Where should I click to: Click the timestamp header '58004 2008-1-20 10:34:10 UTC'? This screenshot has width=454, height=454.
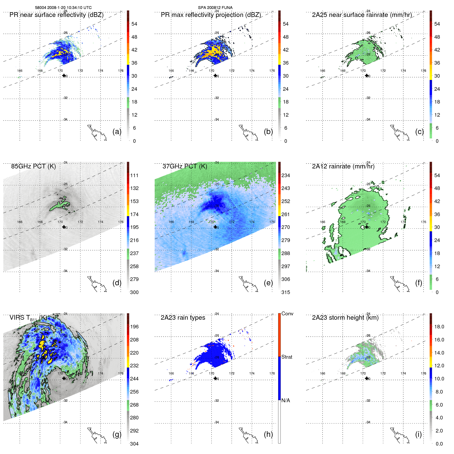click(63, 8)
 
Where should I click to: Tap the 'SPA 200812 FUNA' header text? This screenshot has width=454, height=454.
click(215, 8)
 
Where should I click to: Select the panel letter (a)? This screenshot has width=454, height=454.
click(117, 132)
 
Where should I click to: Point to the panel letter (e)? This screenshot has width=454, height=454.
click(268, 283)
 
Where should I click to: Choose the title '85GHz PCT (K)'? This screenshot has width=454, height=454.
click(33, 166)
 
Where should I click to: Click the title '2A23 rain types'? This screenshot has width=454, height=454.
click(183, 318)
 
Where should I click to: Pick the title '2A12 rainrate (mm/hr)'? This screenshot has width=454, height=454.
click(343, 166)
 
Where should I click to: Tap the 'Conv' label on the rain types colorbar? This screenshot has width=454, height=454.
click(287, 314)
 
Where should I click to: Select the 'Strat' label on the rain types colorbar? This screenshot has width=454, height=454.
click(287, 357)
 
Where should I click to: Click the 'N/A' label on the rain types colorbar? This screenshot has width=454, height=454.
click(286, 400)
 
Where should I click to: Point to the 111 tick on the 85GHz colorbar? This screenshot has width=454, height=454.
click(134, 175)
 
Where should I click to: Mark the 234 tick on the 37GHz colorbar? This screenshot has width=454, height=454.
click(286, 175)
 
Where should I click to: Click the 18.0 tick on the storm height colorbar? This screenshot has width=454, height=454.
click(439, 327)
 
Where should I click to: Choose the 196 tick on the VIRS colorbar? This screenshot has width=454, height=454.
click(134, 327)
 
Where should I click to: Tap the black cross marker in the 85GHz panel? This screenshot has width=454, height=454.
click(64, 227)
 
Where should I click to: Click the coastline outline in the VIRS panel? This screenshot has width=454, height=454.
click(96, 436)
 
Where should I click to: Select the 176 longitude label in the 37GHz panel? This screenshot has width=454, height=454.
click(272, 222)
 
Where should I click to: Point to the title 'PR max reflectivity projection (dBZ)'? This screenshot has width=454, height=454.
click(211, 15)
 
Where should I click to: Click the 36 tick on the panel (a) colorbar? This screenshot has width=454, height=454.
click(134, 63)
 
